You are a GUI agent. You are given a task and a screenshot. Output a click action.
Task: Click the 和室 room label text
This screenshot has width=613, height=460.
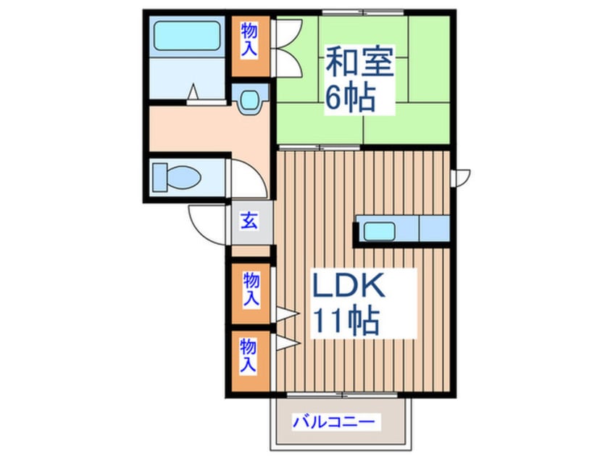tap(359, 64)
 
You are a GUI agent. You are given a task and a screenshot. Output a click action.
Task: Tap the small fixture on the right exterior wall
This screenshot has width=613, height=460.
tap(461, 176)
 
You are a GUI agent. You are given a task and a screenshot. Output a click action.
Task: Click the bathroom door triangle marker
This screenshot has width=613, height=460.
tap(193, 92)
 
